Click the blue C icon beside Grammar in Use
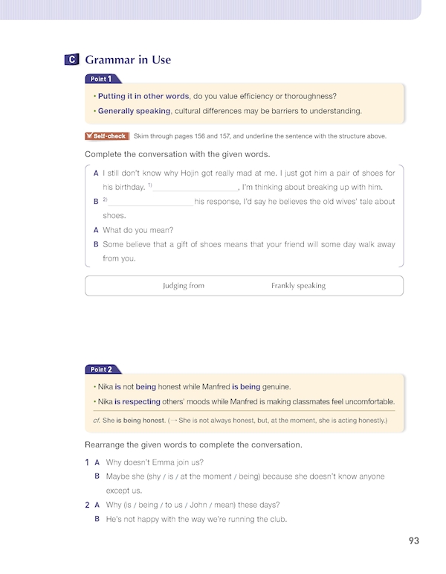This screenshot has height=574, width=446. coord(72,60)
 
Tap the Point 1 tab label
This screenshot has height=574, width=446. coord(101,79)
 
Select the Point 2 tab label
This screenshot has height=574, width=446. coord(101,369)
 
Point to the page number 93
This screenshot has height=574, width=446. coord(414,541)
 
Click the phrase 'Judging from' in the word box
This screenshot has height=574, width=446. coord(183,286)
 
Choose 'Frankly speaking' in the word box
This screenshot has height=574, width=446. coord(298,286)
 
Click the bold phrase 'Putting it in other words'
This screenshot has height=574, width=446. coord(143,96)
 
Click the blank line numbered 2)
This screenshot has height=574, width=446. coord(150,202)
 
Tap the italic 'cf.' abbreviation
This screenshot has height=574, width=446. coord(96,421)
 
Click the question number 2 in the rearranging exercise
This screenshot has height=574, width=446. coord(87,505)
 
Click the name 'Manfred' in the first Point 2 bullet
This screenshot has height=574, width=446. coord(215,387)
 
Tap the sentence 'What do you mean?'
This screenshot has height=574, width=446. coord(138,230)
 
